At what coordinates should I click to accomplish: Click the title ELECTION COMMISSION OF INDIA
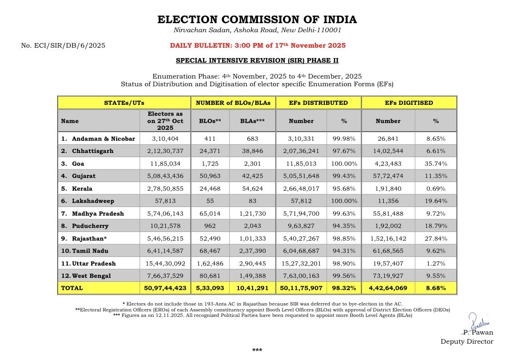coord(257,20)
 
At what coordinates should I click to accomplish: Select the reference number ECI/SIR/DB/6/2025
coord(63,45)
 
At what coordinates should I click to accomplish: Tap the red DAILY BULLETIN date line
coord(257,45)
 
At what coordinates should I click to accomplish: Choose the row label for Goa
coord(78,163)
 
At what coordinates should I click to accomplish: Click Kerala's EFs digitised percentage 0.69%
coord(435,188)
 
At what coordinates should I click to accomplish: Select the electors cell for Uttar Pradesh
coord(165,263)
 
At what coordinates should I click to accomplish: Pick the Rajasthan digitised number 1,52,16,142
coord(388,238)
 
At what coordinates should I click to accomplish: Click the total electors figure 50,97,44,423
coord(165,288)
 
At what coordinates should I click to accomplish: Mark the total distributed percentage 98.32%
coord(343,288)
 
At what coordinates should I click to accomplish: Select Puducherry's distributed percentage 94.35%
coord(343,226)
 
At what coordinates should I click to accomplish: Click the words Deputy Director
coord(467,341)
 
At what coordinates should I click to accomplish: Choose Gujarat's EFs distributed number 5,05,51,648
coord(301,176)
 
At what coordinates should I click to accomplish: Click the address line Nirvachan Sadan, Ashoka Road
coord(257,30)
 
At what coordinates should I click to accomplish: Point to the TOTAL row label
coord(72,288)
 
